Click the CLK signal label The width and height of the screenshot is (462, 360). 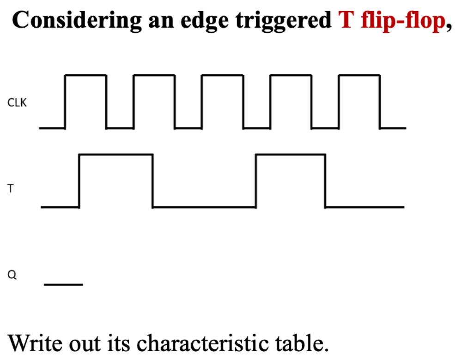(x=17, y=103)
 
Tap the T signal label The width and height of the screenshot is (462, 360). (x=10, y=189)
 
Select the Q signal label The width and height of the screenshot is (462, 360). (x=12, y=275)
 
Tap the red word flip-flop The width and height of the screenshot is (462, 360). (x=401, y=21)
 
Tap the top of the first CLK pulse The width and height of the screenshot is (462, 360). (x=86, y=75)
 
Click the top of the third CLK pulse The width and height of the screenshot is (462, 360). (x=223, y=75)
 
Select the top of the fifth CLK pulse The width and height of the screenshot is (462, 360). (x=359, y=75)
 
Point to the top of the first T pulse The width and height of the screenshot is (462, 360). (x=116, y=155)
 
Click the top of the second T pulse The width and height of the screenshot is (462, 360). (x=290, y=155)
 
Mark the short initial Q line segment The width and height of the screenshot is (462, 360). (x=63, y=284)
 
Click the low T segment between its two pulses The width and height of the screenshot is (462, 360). (x=204, y=207)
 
